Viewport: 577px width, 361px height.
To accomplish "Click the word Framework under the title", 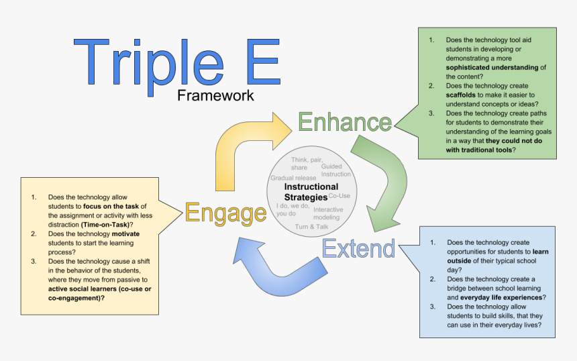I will [215, 95].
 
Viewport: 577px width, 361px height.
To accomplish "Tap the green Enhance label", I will [344, 122].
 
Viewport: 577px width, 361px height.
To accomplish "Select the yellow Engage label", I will [225, 213].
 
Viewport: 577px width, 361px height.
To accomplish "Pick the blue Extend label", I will [358, 248].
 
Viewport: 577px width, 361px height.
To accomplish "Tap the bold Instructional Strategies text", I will [311, 191].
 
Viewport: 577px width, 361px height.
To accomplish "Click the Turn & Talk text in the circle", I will [311, 227].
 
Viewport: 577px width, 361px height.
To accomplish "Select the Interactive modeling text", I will [327, 213].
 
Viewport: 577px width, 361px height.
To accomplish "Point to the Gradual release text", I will [293, 178].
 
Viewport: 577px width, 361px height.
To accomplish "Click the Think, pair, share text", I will [306, 163].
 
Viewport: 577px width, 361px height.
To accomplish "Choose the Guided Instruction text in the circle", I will [335, 170].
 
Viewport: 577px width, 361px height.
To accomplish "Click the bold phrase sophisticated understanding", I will [493, 67].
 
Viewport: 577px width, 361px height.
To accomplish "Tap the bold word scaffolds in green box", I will [464, 95].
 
